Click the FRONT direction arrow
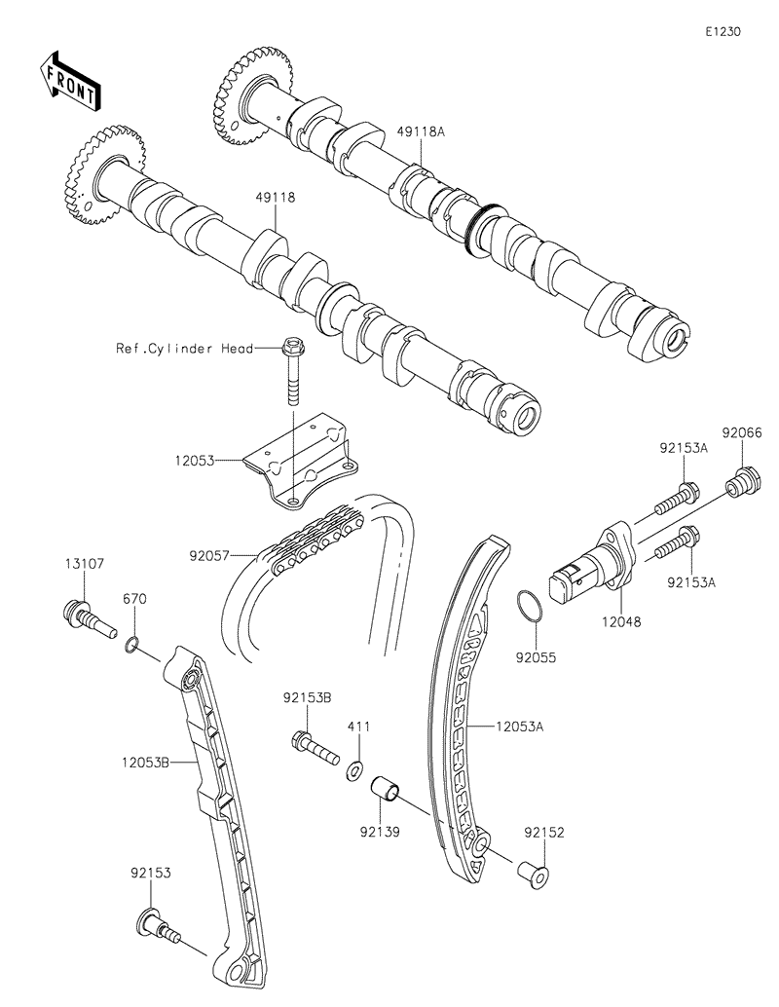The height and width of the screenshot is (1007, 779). coord(69,81)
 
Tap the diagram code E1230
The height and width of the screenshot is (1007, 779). coord(723,31)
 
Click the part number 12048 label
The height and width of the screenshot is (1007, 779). coord(621,618)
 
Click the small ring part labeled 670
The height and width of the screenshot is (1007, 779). coord(133,644)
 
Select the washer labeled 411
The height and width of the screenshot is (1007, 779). coord(356,771)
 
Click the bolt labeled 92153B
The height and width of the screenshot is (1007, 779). coord(312,748)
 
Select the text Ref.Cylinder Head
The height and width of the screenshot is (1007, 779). coord(185,349)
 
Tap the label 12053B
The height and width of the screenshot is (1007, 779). coord(148,765)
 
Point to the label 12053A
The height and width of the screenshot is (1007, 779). coord(519,726)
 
